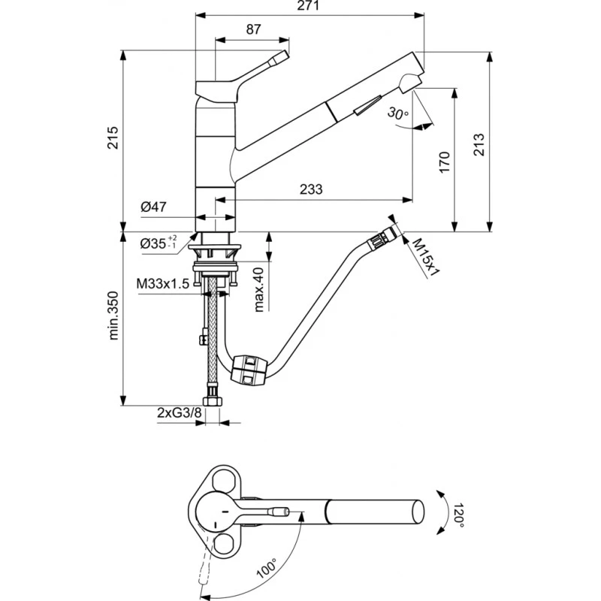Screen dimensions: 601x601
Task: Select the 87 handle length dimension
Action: coord(253,29)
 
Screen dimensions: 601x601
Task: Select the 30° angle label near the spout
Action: coord(397,113)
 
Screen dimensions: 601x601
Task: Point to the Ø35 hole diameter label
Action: coord(158,242)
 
